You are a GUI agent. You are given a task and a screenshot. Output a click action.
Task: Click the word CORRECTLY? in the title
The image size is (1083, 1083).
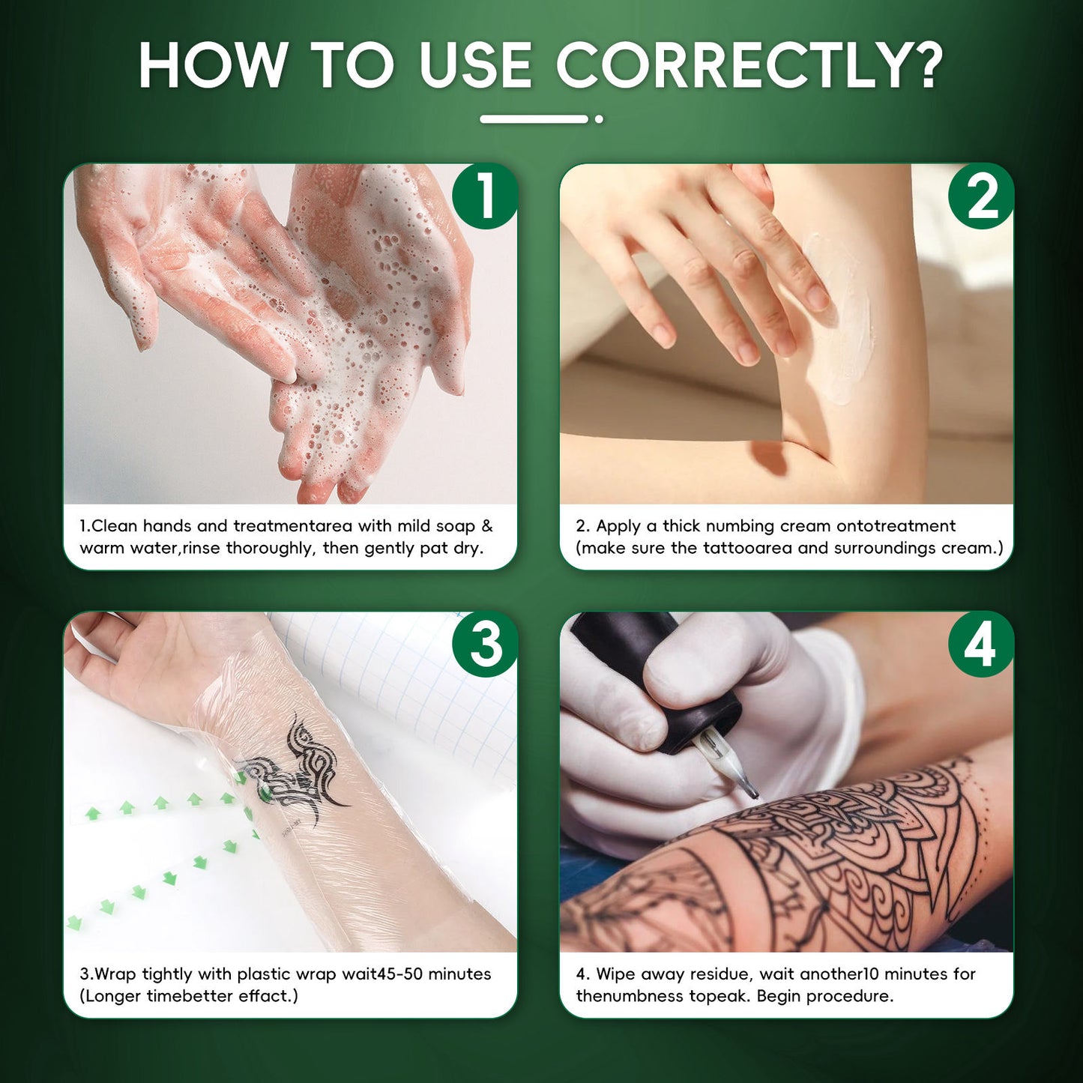tap(750, 65)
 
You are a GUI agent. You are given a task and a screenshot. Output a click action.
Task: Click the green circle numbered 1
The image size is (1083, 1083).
tap(484, 196)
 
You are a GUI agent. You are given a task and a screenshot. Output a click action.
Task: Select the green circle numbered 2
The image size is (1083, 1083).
tap(981, 196)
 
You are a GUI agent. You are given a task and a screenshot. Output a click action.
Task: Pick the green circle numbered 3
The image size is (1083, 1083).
tap(484, 645)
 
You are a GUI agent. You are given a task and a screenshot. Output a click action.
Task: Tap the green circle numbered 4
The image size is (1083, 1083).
tap(981, 645)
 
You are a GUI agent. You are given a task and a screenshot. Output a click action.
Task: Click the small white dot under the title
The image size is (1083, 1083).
tap(599, 119)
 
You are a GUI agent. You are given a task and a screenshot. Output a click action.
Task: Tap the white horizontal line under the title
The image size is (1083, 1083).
tap(534, 119)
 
